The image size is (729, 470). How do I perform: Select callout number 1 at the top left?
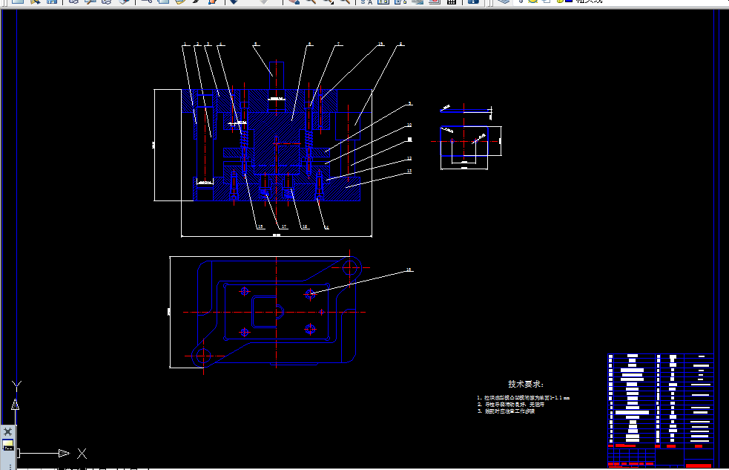(184, 45)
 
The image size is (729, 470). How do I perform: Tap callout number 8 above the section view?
(401, 45)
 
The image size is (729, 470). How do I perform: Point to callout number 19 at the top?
(380, 45)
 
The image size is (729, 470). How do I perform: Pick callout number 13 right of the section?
(409, 171)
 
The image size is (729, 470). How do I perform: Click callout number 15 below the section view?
(260, 226)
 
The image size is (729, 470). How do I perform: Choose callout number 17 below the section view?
(283, 226)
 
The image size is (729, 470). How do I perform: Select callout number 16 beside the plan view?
(409, 270)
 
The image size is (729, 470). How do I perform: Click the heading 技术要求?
(526, 384)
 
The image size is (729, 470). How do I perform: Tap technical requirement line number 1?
(523, 398)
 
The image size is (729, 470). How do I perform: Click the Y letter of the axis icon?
(16, 384)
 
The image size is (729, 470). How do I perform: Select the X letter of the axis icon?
(82, 453)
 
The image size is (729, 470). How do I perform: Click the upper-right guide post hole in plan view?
(352, 264)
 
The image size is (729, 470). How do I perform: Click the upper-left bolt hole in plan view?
(244, 292)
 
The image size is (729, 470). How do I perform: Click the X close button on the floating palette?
(7, 431)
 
